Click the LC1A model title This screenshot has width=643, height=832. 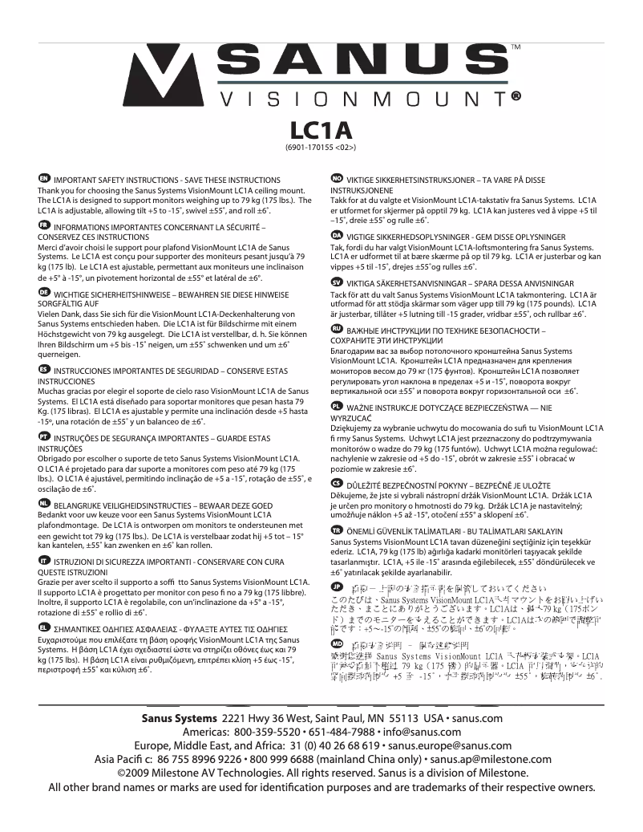tap(321, 130)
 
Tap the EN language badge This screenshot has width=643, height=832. tap(44, 178)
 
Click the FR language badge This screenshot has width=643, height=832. tap(44, 226)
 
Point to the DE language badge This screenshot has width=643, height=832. tap(44, 294)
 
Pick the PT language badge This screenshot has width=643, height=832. tap(44, 434)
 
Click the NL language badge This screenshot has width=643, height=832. tap(44, 501)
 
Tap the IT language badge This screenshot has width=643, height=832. tap(44, 558)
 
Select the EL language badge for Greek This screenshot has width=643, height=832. tap(44, 626)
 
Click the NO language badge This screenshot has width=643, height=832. tap(338, 178)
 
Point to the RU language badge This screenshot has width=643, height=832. tap(338, 329)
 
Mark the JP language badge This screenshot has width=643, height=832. tap(338, 588)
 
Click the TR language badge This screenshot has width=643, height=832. tap(338, 530)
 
